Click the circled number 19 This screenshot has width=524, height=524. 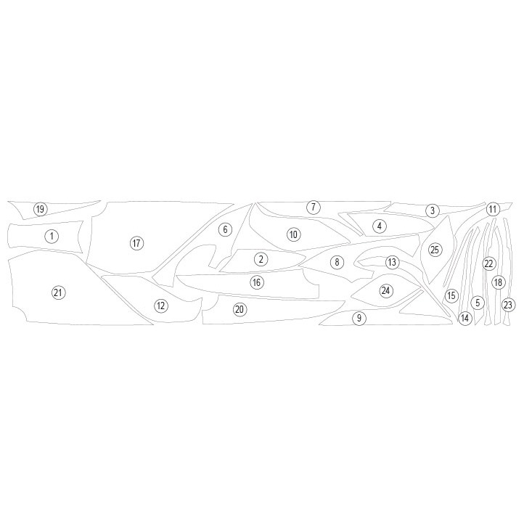(x=40, y=210)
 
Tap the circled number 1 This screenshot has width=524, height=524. (x=52, y=237)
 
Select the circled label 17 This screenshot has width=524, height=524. (x=136, y=243)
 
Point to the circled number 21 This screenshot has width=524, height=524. (x=58, y=292)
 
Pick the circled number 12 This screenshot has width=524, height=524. (x=161, y=306)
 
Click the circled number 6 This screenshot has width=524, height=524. (x=225, y=229)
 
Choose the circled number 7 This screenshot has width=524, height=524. (x=313, y=207)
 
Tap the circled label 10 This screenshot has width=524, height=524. (x=294, y=234)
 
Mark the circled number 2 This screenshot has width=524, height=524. (x=261, y=259)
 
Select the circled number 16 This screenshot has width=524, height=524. (x=257, y=282)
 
